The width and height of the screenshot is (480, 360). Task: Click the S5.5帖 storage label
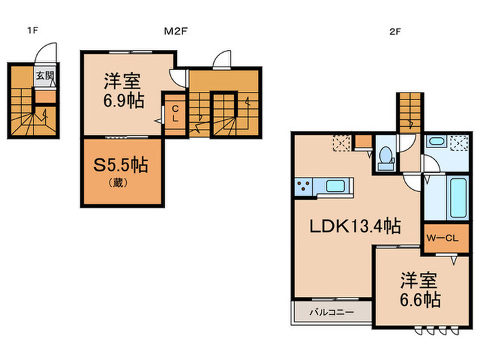click(123, 165)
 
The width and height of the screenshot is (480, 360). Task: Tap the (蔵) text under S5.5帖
click(121, 183)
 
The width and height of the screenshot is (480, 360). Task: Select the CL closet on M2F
click(175, 113)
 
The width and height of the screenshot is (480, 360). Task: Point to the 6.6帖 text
click(421, 300)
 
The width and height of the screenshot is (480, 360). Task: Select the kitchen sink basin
click(336, 186)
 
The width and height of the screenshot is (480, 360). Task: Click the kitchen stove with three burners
click(304, 186)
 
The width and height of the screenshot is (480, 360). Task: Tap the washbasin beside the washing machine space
click(436, 143)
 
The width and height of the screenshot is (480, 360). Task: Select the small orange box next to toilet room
click(361, 143)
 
